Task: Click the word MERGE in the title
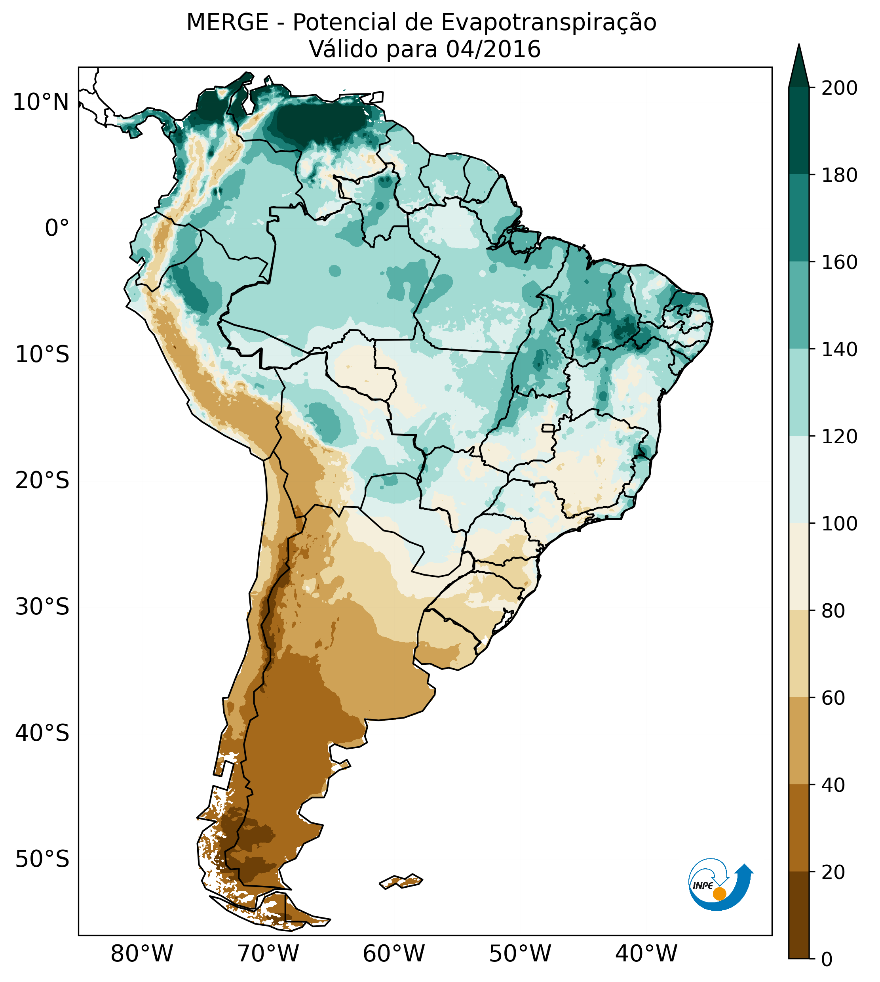227,23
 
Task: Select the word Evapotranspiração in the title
549,23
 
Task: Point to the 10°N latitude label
41,102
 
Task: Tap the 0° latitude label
57,228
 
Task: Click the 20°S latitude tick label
42,481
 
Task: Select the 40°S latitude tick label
42,733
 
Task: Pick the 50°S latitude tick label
42,860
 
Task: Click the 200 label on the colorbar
839,88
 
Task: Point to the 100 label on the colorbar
839,523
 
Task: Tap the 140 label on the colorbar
839,349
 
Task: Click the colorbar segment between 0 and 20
799,915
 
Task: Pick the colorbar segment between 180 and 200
799,131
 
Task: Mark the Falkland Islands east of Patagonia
401,881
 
